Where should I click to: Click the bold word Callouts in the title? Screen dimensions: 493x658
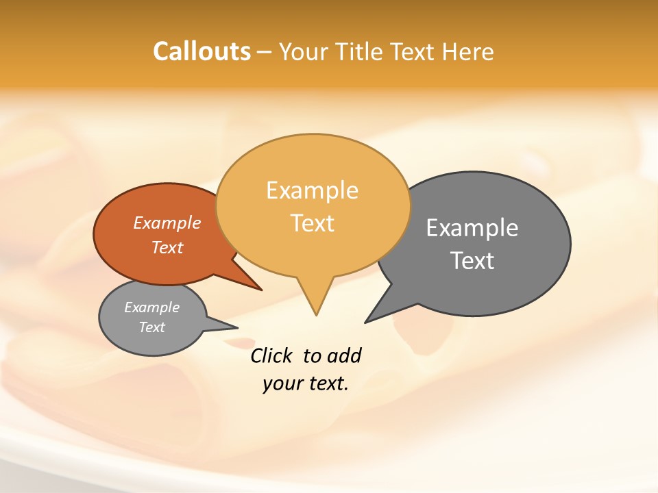[202, 51]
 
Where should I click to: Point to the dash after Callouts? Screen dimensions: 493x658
[265, 52]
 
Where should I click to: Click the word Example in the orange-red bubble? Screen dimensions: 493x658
[167, 223]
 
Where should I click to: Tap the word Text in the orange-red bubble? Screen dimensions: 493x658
[167, 247]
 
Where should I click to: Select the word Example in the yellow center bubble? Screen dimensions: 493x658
[312, 190]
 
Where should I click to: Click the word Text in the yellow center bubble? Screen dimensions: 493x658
[312, 223]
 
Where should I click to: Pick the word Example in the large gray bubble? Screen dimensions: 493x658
[472, 227]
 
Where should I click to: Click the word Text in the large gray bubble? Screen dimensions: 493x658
[472, 260]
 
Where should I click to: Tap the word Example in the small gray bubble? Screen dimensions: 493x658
[151, 307]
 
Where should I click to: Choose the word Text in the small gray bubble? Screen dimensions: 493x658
[151, 327]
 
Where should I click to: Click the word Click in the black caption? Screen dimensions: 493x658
[271, 356]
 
